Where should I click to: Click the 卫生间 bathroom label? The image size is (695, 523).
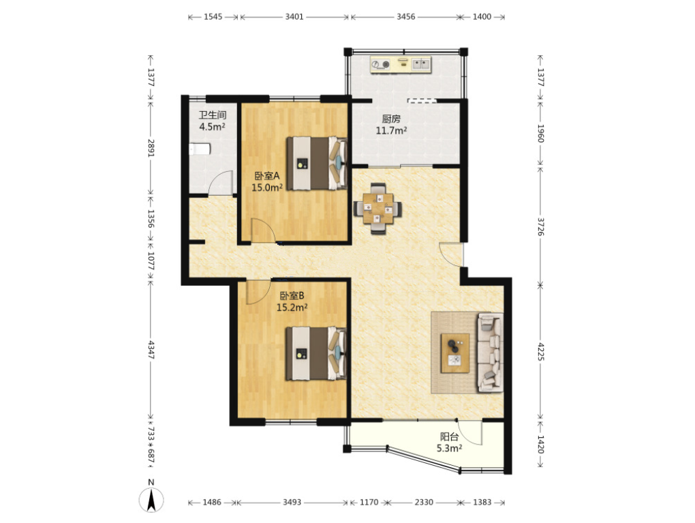pos(213,115)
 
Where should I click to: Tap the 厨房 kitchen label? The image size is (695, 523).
pos(391,119)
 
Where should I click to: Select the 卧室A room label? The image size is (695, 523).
pos(267,176)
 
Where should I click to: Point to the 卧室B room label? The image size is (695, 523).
pos(292,295)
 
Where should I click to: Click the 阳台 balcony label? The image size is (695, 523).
pos(449,436)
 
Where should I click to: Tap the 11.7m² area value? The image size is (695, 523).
pos(391,130)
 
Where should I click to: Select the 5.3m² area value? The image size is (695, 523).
pos(449,448)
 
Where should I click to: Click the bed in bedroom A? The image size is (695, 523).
pos(316,163)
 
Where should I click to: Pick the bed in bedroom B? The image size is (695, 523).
pos(315,353)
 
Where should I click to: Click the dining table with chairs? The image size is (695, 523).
pos(378,208)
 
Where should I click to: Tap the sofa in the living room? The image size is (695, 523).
pos(490,353)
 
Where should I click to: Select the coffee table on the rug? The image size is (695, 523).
pos(455,353)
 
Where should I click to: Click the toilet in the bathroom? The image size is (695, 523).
pos(200,149)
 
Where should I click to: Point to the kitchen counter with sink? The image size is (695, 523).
pos(401,65)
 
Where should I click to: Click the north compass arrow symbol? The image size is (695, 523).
pos(151,500)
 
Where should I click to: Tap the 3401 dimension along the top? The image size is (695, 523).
pos(294,17)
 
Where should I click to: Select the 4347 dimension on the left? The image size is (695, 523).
pos(151,350)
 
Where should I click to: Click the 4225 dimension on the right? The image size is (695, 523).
pos(541,351)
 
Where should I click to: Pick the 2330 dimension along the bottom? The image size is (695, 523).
pos(424,502)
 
